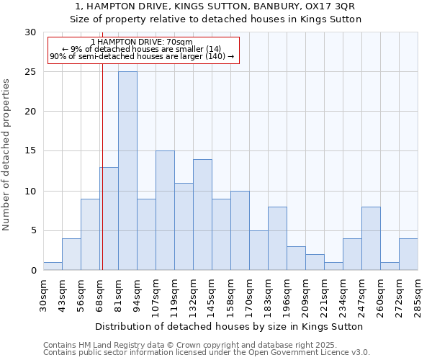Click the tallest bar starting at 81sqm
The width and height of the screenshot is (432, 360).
(127, 171)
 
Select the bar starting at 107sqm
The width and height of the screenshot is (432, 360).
(165, 210)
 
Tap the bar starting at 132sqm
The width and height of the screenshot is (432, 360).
(202, 215)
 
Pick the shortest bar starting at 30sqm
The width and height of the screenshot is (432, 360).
(53, 266)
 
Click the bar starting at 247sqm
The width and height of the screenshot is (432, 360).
(371, 238)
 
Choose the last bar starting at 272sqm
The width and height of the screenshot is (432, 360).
(408, 254)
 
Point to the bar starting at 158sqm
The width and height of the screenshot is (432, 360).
(240, 230)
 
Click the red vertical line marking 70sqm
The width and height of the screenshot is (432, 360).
(102, 180)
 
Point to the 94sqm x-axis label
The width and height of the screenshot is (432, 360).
(137, 294)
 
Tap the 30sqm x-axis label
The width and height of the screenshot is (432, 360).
(43, 294)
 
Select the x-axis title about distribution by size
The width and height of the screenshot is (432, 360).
(229, 326)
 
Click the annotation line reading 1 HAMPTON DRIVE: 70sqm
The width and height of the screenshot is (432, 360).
(142, 42)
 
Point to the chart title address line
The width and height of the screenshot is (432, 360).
(215, 6)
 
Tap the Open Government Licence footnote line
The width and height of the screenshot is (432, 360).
(207, 353)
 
